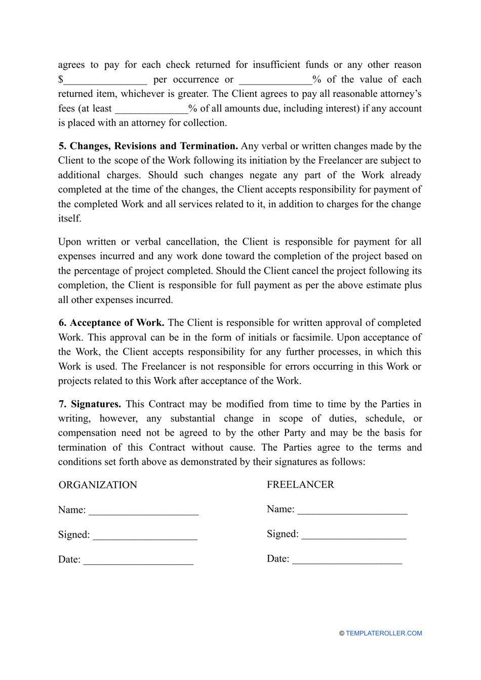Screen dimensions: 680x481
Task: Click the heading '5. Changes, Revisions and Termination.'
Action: pos(148,146)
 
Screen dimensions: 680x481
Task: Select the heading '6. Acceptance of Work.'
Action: pos(111,323)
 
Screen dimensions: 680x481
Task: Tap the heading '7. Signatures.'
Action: pos(90,404)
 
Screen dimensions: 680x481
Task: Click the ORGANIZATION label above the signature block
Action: pos(98,485)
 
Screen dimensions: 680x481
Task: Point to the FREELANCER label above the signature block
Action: pos(300,484)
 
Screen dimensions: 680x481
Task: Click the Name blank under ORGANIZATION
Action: pos(143,511)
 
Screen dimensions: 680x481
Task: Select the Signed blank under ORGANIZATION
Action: pos(145,536)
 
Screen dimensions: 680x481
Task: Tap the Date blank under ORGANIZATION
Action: pos(138,560)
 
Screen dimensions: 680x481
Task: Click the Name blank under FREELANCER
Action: pos(352,510)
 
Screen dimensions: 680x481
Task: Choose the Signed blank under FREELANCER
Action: pos(353,535)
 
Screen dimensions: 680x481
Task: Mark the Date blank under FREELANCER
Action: pos(347,560)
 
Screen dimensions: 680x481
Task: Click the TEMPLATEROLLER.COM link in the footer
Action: pos(384,633)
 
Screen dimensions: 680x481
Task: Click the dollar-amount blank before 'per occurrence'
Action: pos(105,80)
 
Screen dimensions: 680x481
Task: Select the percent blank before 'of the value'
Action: pos(275,80)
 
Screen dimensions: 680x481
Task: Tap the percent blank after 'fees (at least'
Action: pos(151,109)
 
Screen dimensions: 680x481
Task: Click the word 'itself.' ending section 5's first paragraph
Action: pos(69,218)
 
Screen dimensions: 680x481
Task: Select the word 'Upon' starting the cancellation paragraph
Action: pos(69,242)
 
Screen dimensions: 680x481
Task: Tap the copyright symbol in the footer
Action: pos(342,633)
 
